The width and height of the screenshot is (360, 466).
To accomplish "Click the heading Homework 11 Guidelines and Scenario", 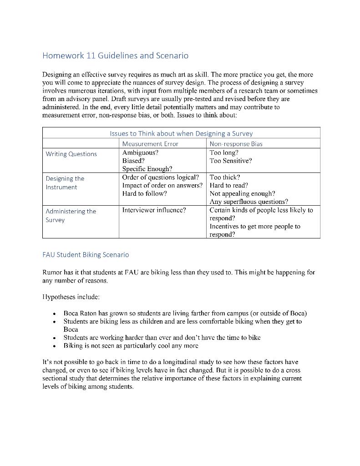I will (x=115, y=56).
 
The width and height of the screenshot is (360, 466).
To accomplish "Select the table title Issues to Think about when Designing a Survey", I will (x=181, y=133).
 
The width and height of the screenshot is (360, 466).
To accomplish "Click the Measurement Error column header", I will (x=150, y=144).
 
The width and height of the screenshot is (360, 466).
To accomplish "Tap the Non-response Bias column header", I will (x=236, y=144).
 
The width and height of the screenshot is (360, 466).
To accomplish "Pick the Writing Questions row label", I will (x=71, y=154).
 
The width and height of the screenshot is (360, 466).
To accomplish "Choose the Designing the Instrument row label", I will (x=65, y=183).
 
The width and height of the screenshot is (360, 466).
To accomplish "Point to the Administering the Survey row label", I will (x=71, y=215).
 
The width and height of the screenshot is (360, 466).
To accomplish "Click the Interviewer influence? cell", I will (x=154, y=210).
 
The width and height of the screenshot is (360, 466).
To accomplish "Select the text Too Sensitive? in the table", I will (x=230, y=161).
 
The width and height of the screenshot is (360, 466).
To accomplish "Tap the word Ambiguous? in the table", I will (x=140, y=152).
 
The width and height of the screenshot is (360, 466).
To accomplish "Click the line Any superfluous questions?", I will (x=248, y=202).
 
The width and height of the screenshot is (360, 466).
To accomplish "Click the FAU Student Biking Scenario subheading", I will (x=86, y=254).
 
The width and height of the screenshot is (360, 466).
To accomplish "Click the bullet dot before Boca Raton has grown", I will (x=55, y=314).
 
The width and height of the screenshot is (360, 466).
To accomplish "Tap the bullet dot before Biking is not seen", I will (x=55, y=346).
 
